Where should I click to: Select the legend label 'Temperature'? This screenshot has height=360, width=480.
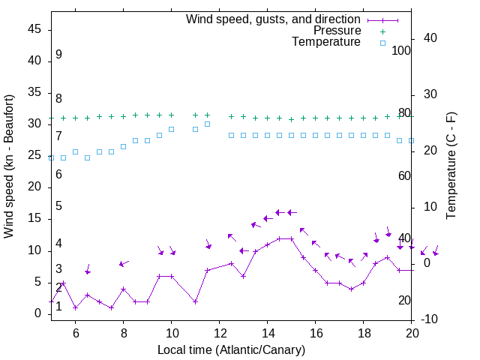point(326,42)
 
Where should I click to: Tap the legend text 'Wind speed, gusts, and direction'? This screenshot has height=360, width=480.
point(274,19)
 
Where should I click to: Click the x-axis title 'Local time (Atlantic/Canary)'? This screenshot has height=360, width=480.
point(231,349)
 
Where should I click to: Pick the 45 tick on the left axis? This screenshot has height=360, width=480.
point(34,29)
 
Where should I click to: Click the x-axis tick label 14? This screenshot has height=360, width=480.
point(267,331)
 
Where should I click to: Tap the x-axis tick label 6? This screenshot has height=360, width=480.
point(75,331)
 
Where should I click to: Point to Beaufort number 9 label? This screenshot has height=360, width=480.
point(58,55)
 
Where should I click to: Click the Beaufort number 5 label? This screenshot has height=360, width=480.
point(58,206)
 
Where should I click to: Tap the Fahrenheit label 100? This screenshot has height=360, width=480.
point(401,50)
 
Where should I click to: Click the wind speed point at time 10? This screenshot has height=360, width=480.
point(171,276)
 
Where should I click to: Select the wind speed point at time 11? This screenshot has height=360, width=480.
point(195,301)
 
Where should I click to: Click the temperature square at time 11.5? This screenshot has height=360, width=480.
point(207,124)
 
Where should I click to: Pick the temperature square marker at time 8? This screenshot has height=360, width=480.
point(123,146)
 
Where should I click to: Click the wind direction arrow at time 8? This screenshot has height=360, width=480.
point(124,263)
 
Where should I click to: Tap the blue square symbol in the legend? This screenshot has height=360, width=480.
point(382,43)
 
